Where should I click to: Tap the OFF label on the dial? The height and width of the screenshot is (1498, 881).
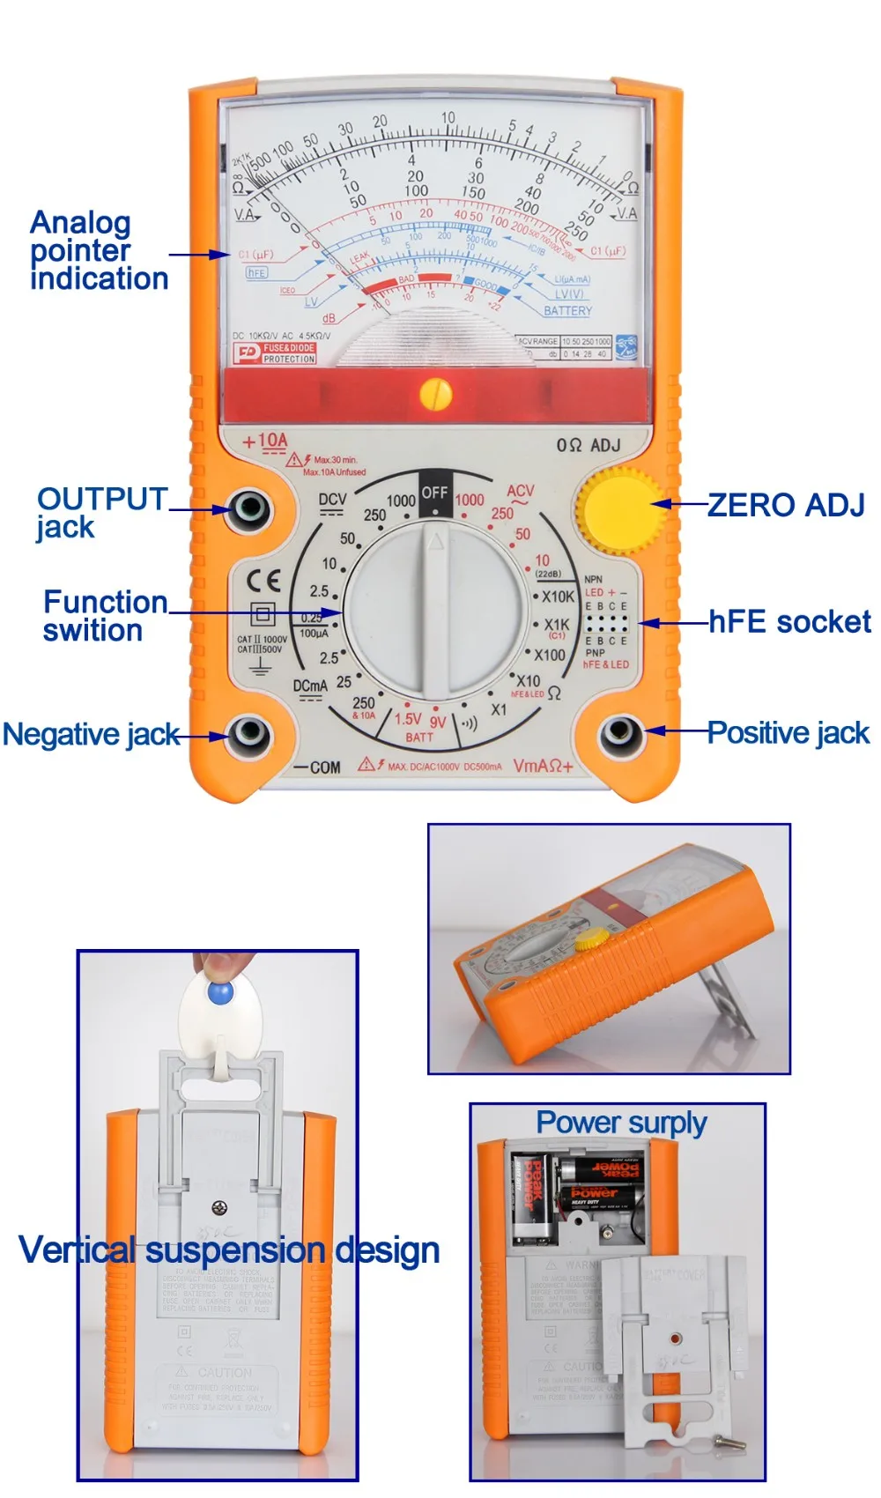click(x=434, y=492)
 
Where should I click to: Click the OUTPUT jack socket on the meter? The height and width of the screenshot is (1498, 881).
click(x=248, y=508)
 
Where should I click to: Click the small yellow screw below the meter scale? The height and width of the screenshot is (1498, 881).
click(x=435, y=393)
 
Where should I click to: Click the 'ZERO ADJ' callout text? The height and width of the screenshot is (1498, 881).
click(x=786, y=505)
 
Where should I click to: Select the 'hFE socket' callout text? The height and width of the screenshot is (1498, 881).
click(x=789, y=622)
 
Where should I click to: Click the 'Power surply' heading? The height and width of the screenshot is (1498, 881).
click(x=621, y=1123)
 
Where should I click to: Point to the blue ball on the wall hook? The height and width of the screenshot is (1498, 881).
click(x=220, y=993)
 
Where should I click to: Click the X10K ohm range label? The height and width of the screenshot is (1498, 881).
click(x=558, y=597)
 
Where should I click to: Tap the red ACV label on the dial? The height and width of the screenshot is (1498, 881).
click(x=520, y=491)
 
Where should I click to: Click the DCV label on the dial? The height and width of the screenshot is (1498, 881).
click(x=332, y=500)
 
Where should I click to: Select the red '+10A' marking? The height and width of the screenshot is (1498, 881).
click(x=266, y=441)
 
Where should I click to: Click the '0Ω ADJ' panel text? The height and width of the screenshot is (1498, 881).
click(x=588, y=445)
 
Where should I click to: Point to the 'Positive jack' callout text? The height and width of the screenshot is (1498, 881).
click(x=788, y=733)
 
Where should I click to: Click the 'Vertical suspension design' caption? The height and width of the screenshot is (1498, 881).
click(x=229, y=1250)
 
